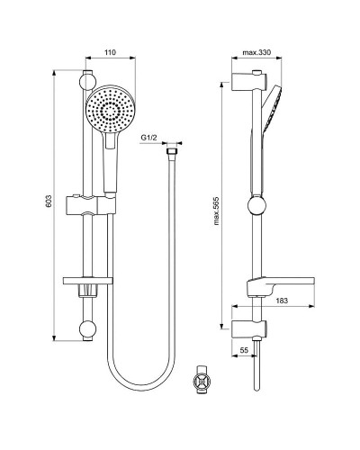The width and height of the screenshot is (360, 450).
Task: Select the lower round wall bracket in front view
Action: [x=87, y=330]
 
